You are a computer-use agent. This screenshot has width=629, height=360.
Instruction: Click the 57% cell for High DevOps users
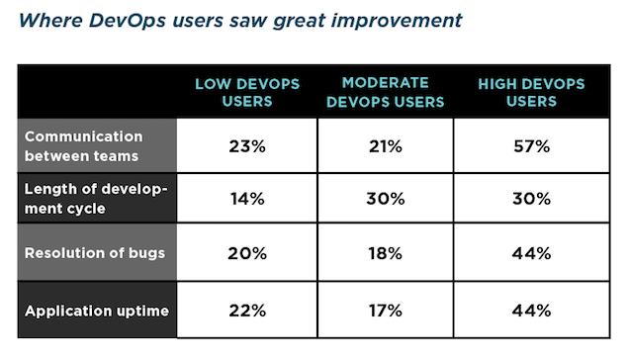531,146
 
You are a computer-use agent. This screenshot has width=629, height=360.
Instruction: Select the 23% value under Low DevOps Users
247,146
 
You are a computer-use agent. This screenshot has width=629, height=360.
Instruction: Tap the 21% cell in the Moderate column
386,146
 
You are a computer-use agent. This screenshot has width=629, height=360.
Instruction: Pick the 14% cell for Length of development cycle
247,199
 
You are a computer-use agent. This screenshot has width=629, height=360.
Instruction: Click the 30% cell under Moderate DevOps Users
386,199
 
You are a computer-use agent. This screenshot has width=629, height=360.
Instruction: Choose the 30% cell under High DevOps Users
531,199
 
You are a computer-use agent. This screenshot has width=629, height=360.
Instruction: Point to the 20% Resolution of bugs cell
247,253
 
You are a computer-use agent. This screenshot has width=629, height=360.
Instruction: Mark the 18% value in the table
386,253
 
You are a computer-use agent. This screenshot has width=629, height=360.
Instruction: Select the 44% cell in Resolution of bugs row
531,253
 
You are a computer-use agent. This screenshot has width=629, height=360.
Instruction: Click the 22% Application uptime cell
247,311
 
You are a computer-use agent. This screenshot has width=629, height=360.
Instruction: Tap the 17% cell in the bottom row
386,311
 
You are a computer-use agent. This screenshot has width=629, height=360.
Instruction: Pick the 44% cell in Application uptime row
531,311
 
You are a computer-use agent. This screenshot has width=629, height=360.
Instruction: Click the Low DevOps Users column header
247,93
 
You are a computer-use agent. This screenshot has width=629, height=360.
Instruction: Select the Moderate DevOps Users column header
386,93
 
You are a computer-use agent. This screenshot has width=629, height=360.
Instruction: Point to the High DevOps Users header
531,93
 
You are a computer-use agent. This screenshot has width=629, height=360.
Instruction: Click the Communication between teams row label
83,146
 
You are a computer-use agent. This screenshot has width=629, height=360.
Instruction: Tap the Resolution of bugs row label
95,253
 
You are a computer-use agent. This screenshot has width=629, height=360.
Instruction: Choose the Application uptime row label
97,311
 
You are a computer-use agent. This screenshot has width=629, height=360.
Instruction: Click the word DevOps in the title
128,21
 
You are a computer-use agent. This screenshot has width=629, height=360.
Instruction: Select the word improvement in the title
397,21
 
